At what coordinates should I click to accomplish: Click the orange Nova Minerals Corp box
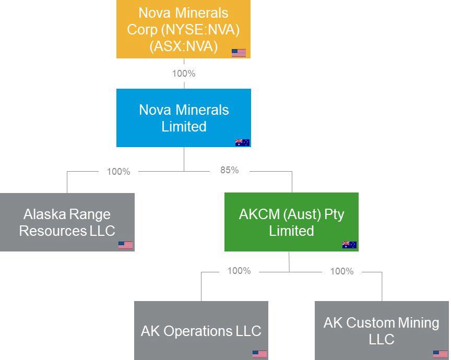click(183, 29)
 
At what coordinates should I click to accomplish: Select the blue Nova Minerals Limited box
click(183, 118)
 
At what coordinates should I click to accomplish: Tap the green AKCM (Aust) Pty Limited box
click(291, 222)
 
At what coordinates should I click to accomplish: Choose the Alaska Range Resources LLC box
click(67, 222)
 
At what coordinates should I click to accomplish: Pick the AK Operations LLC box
click(201, 330)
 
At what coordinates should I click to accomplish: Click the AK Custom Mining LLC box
click(382, 330)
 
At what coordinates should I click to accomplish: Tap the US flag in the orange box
click(239, 53)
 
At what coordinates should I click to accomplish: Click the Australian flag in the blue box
click(242, 142)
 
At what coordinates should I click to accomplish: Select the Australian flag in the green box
click(349, 245)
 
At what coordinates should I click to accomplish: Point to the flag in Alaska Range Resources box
click(125, 245)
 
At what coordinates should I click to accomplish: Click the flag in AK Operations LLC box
click(259, 354)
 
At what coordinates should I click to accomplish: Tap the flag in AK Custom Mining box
click(440, 354)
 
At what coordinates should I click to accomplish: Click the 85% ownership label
click(230, 170)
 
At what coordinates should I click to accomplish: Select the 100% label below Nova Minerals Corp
click(184, 74)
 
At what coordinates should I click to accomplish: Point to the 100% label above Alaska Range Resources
click(118, 172)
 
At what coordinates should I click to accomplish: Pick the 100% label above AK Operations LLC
click(239, 271)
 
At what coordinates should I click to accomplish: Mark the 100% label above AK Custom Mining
click(342, 271)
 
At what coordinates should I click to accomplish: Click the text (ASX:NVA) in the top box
click(183, 46)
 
